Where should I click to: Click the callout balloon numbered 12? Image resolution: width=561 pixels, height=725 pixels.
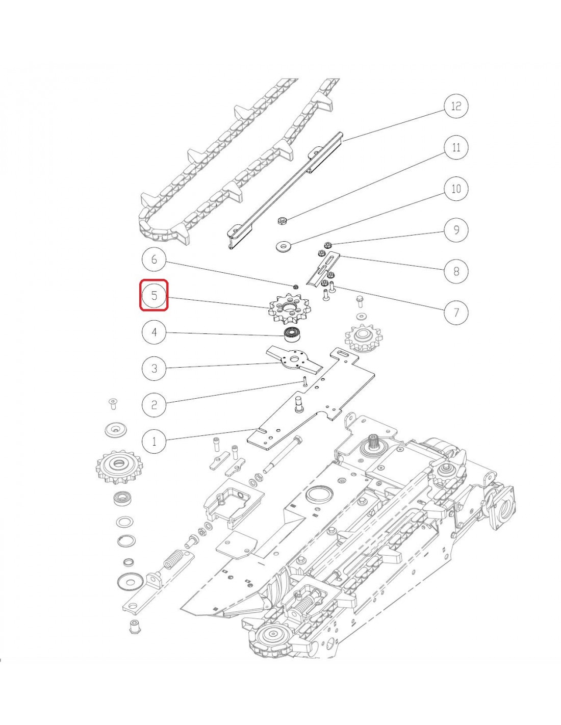point(456,106)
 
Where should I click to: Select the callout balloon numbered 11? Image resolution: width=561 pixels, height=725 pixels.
point(456,147)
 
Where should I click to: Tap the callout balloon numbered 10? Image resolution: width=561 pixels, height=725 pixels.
point(456,189)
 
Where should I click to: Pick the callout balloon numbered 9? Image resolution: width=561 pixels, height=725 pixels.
point(456,230)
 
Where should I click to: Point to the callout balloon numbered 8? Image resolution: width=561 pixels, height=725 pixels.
point(456,271)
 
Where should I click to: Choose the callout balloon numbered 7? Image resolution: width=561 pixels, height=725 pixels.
point(456,312)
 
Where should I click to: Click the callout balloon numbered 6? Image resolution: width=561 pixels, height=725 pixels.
point(154,260)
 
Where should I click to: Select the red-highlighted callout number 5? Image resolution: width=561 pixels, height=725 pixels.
point(154,295)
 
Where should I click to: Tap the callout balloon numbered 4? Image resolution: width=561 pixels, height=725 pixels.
point(154,332)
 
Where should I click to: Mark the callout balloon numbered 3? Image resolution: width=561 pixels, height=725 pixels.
point(154,368)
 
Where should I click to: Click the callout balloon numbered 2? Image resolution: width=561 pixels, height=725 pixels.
point(154,405)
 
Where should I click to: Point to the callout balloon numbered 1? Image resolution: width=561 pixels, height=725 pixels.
point(154,441)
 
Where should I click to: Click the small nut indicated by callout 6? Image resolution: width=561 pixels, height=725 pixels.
point(295,287)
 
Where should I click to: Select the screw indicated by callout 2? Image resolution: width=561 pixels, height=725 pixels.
point(304,381)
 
